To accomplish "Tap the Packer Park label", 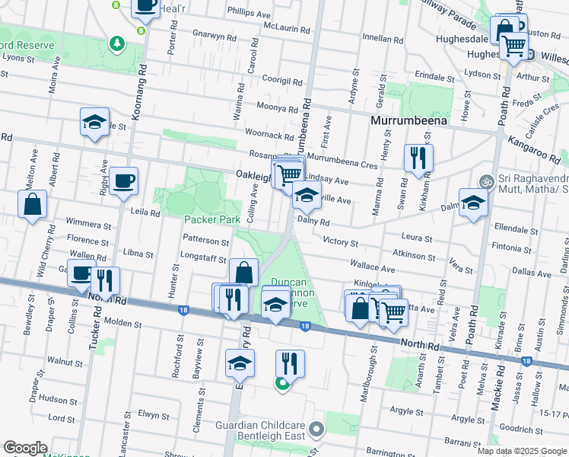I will coord(212,219).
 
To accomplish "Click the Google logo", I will coord(26,448).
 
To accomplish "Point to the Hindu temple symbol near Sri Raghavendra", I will coord(485,182).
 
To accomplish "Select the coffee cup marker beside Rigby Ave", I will coord(123,182).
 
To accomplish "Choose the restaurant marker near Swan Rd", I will coord(418,158).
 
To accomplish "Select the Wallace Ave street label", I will coord(373,268).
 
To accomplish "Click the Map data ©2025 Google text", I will coord(522,451).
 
